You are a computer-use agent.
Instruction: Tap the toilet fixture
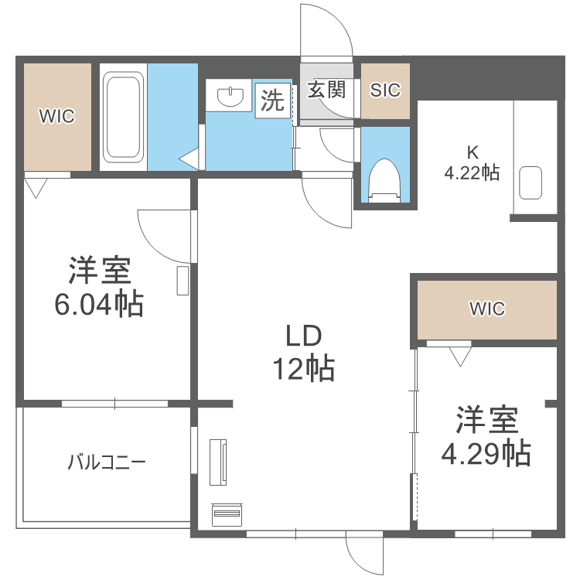(x=384, y=177)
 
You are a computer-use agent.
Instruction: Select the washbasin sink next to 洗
(x=230, y=97)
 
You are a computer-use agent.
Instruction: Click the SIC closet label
(x=385, y=90)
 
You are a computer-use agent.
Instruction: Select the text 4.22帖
(x=471, y=172)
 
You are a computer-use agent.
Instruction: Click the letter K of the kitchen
(x=470, y=152)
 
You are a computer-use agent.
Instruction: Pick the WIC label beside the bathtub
(x=57, y=117)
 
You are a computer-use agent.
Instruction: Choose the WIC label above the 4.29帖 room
(x=487, y=309)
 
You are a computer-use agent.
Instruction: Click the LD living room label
(x=302, y=337)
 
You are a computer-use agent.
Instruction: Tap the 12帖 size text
(x=302, y=368)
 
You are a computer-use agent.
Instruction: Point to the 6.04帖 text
(x=98, y=304)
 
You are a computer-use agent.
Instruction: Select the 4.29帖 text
(x=486, y=452)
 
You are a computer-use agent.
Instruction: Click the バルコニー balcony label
(x=107, y=463)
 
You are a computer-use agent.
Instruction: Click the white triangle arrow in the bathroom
(x=189, y=159)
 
